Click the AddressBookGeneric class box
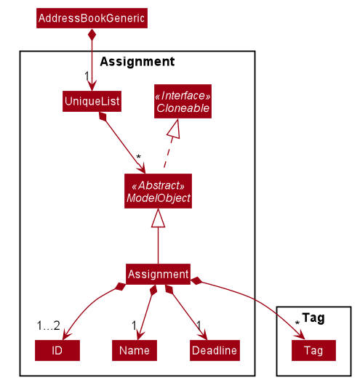(x=92, y=18)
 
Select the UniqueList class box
(x=92, y=102)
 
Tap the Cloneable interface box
(x=183, y=102)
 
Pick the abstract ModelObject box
(x=158, y=191)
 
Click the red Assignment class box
(x=158, y=275)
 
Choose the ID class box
(x=57, y=350)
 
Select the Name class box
(x=135, y=350)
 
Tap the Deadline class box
(x=215, y=350)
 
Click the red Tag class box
(x=313, y=350)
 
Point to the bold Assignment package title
(x=137, y=62)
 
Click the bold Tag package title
(x=313, y=317)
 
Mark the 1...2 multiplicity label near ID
(x=49, y=326)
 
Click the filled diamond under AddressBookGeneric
(x=92, y=35)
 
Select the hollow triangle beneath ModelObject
(x=158, y=218)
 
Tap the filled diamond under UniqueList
(x=103, y=116)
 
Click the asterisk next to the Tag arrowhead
(x=297, y=323)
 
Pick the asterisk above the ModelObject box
(x=139, y=157)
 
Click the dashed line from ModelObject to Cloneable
(x=168, y=153)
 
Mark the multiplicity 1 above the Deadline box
(x=199, y=325)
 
